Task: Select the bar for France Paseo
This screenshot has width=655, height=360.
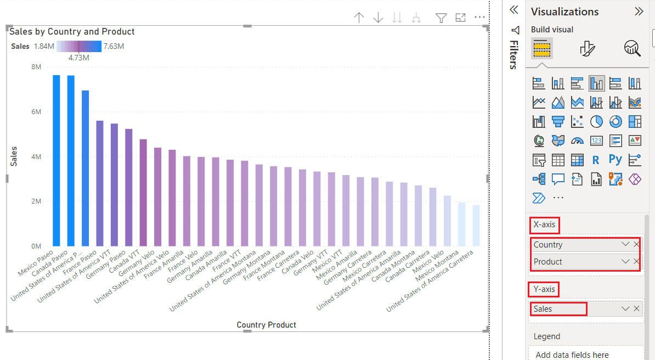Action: pyautogui.click(x=99, y=183)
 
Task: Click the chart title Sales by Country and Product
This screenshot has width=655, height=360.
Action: pyautogui.click(x=72, y=32)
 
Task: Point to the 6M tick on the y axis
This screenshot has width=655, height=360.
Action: pyautogui.click(x=36, y=112)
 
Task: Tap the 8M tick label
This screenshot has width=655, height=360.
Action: pyautogui.click(x=36, y=67)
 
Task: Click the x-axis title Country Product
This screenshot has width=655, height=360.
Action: pyautogui.click(x=266, y=325)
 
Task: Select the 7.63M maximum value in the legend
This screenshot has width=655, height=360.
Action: pyautogui.click(x=114, y=46)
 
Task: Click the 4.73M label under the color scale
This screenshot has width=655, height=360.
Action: pyautogui.click(x=78, y=58)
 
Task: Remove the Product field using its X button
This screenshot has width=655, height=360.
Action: pyautogui.click(x=636, y=262)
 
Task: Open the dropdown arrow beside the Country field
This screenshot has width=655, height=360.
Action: pyautogui.click(x=625, y=245)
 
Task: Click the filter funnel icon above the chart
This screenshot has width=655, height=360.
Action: pyautogui.click(x=441, y=18)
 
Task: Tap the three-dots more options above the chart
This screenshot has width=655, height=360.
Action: pyautogui.click(x=480, y=18)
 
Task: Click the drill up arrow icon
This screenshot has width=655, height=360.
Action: pyautogui.click(x=359, y=18)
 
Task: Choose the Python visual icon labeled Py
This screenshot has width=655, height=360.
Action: pyautogui.click(x=616, y=160)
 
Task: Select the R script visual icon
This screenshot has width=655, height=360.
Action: pyautogui.click(x=596, y=160)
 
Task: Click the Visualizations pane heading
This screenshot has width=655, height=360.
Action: pyautogui.click(x=564, y=12)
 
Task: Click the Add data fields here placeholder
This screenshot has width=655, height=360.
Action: pyautogui.click(x=572, y=355)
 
